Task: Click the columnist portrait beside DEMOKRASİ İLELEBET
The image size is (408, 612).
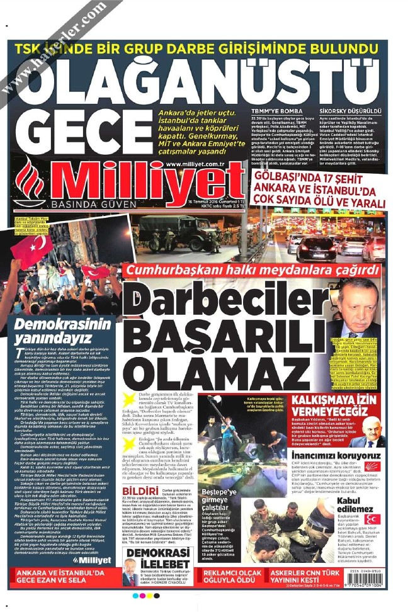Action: pyautogui.click(x=130, y=576)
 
